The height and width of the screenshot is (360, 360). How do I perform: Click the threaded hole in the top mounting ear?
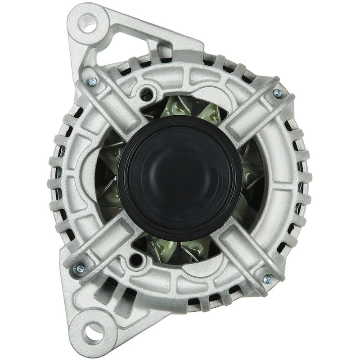tap(88, 22)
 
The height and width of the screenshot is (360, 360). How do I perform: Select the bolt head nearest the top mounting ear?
tap(92, 81)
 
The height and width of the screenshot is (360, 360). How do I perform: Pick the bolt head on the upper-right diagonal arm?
tap(277, 93)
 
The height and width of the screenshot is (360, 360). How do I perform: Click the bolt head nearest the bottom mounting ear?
tap(80, 269)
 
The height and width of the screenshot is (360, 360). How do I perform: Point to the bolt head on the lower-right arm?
tap(267, 279)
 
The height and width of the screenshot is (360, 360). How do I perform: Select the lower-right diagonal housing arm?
tap(247, 252)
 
